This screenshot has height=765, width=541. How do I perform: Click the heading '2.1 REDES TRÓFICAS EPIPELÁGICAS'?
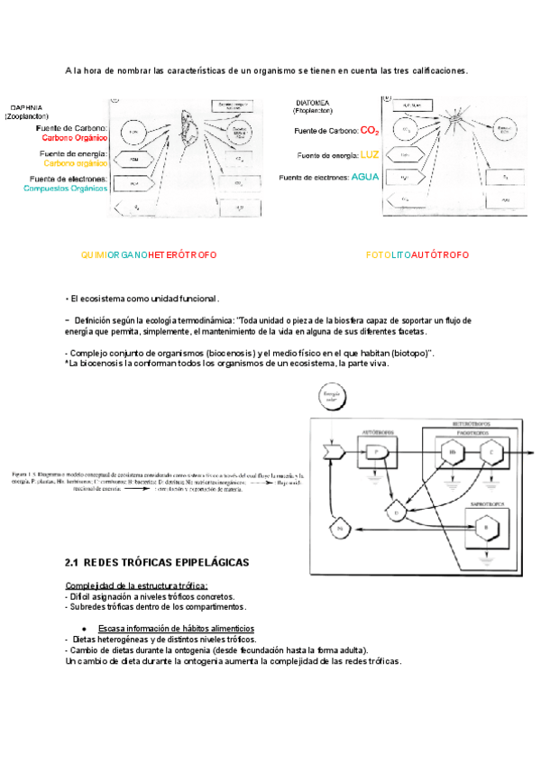pos(157,562)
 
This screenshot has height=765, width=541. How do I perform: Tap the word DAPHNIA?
pos(27,107)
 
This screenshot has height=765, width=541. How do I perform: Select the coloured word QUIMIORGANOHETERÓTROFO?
pos(149,255)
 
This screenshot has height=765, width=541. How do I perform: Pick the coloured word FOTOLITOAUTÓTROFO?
pos(417,255)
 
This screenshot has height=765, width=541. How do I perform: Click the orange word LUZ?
pos(370,154)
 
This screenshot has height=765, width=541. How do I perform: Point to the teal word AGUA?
pos(366,177)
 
